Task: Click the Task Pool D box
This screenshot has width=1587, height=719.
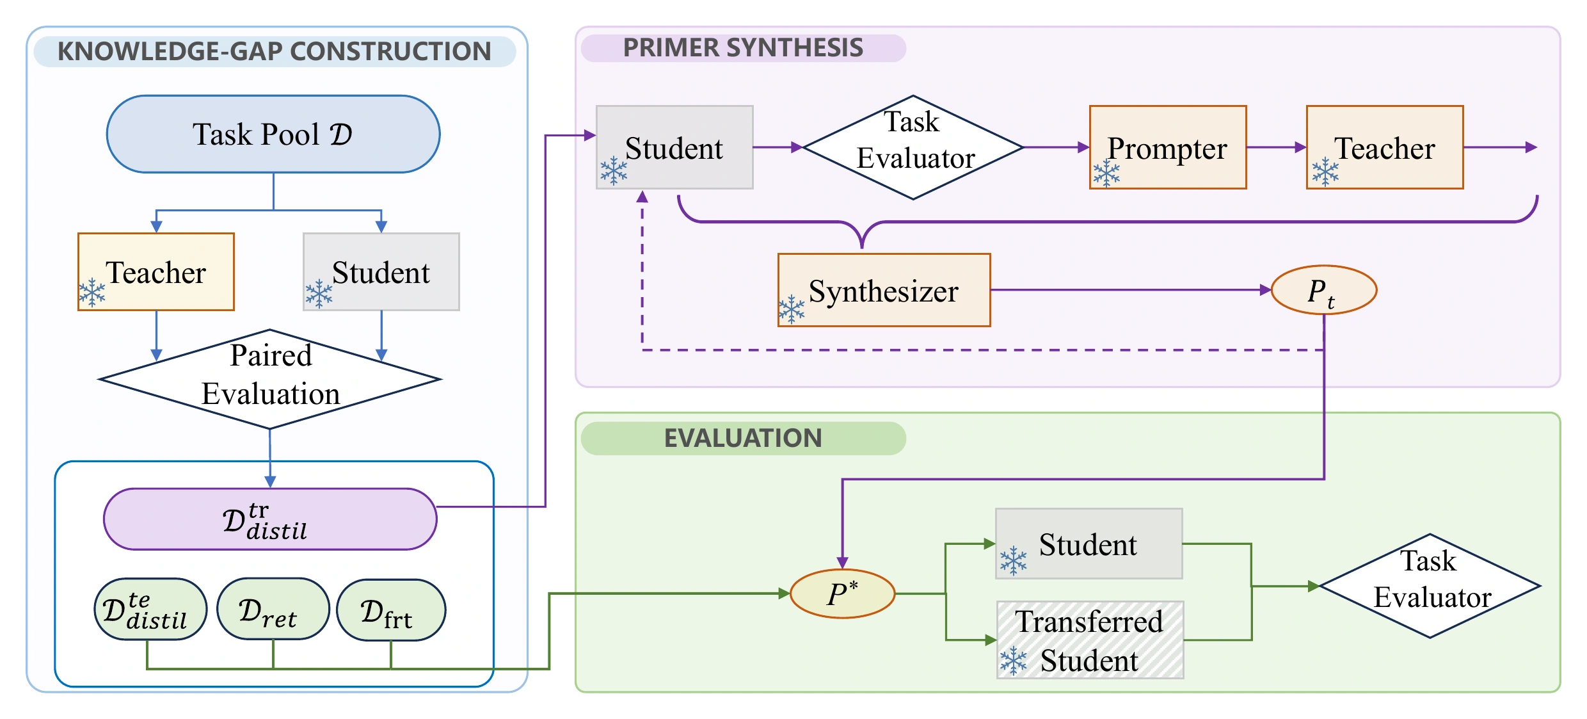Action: [x=273, y=134]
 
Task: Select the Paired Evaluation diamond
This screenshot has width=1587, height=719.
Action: [x=270, y=379]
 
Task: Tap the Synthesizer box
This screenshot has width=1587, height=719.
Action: [x=884, y=290]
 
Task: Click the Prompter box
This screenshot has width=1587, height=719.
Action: [x=1168, y=147]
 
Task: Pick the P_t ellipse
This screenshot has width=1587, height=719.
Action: [x=1323, y=290]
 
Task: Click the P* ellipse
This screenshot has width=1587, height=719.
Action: [x=842, y=594]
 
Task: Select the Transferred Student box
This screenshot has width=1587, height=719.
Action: [x=1090, y=640]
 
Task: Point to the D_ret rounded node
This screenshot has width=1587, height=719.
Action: [x=273, y=609]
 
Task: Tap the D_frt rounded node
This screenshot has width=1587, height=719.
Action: [x=391, y=610]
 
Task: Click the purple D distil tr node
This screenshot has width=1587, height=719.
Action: [x=270, y=519]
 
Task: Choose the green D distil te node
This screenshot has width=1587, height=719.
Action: [x=150, y=609]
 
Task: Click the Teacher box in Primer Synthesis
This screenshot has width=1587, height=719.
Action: [x=1385, y=147]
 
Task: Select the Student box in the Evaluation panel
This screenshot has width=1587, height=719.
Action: [x=1089, y=544]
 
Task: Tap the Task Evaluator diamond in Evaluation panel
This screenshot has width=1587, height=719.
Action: [x=1430, y=586]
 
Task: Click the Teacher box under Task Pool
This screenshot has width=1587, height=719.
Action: [x=156, y=271]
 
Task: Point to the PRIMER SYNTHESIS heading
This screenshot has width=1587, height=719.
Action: [x=743, y=48]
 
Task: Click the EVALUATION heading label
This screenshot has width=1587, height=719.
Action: [x=743, y=438]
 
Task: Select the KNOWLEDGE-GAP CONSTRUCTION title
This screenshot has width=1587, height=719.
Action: [x=275, y=51]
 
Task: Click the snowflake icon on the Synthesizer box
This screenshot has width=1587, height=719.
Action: [x=792, y=309]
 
